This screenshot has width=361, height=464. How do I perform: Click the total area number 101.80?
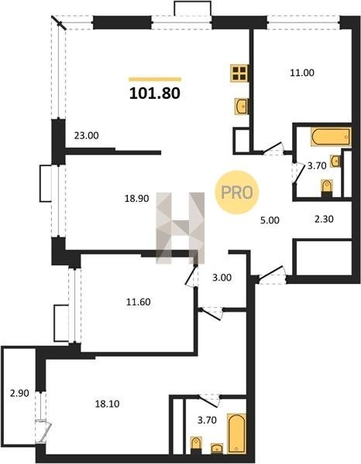click(155, 94)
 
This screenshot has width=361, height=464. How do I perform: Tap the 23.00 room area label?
click(86, 136)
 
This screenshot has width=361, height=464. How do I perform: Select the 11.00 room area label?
click(302, 73)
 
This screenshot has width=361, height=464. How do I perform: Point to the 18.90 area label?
click(136, 199)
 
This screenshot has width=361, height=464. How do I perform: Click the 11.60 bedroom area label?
click(139, 302)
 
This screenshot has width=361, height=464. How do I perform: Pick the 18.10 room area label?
click(107, 404)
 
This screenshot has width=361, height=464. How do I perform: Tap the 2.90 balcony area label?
click(19, 394)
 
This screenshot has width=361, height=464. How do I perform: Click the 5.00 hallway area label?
click(270, 220)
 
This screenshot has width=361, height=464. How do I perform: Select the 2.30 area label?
click(324, 219)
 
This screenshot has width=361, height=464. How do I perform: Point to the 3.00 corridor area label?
click(222, 278)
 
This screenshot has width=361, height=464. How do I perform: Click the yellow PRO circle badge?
click(237, 193)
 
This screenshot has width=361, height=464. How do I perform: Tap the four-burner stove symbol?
click(239, 73)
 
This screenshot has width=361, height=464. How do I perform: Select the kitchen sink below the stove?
click(242, 106)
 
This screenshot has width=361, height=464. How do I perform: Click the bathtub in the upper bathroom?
click(331, 137)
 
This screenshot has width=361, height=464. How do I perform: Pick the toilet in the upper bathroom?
click(327, 188)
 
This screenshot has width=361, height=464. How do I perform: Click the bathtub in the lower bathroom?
click(236, 434)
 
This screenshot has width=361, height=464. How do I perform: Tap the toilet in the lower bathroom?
click(196, 445)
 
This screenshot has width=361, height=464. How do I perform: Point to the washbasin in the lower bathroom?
click(217, 449)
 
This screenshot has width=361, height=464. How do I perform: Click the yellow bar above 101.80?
click(155, 79)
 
